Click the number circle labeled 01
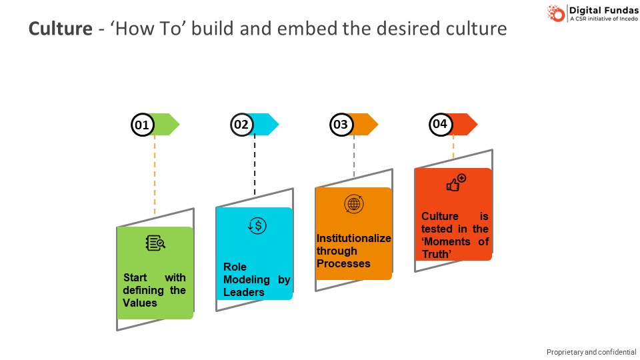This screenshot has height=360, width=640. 142,125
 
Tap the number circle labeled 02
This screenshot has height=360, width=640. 241,125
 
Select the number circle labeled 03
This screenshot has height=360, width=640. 341,125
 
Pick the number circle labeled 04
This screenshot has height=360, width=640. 440,125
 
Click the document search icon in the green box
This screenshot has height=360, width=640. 155,243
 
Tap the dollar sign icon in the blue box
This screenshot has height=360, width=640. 257,225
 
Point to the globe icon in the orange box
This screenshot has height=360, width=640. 353,204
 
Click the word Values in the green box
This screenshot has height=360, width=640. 140,303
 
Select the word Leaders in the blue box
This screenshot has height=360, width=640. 244,292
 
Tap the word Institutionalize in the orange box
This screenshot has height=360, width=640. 353,238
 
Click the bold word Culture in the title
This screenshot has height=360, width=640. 60,29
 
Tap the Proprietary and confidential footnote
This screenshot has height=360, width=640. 591,352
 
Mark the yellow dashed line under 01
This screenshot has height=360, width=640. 155,173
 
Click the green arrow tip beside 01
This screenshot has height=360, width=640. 172,125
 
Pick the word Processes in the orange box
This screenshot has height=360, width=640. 343,263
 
